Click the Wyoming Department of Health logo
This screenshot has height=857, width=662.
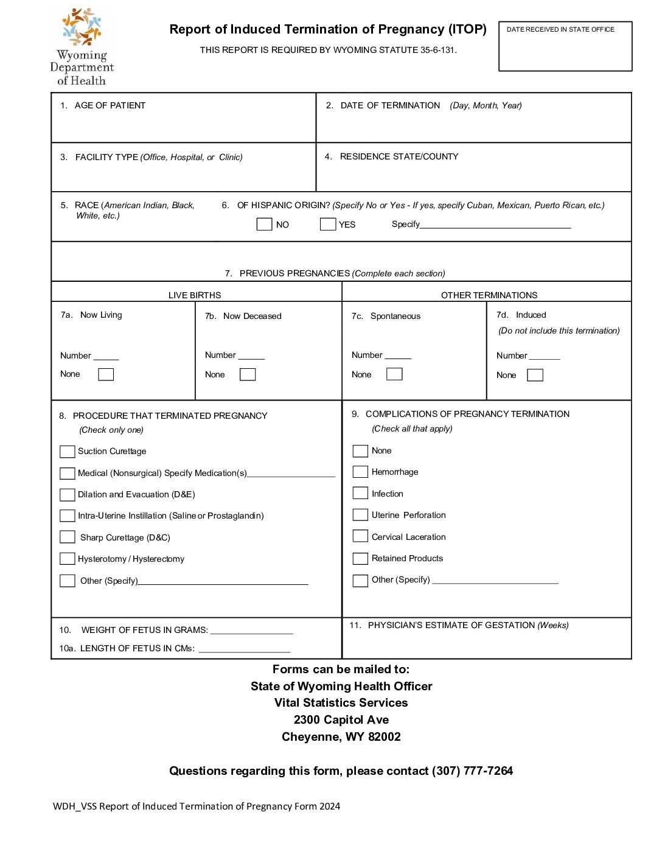(82, 46)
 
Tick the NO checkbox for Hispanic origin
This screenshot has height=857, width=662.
(264, 224)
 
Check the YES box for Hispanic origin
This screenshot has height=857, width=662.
(328, 224)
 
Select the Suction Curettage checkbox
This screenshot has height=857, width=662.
(68, 452)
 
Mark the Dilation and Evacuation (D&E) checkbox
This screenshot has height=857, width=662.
(68, 494)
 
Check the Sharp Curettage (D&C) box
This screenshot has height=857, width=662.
(68, 537)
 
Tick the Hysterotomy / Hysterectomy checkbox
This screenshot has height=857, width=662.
(68, 559)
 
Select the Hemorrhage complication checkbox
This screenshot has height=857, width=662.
(360, 472)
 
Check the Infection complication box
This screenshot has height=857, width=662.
(360, 493)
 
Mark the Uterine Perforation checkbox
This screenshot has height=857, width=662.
(360, 515)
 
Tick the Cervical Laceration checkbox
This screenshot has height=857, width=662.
(360, 536)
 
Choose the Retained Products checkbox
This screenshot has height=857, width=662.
(360, 558)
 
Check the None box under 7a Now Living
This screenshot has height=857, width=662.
(106, 374)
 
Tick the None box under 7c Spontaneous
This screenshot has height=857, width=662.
(394, 374)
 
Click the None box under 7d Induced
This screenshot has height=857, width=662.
(535, 375)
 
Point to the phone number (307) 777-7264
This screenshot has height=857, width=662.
(472, 771)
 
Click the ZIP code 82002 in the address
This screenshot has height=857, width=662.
(385, 737)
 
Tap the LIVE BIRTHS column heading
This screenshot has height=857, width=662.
(195, 295)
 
